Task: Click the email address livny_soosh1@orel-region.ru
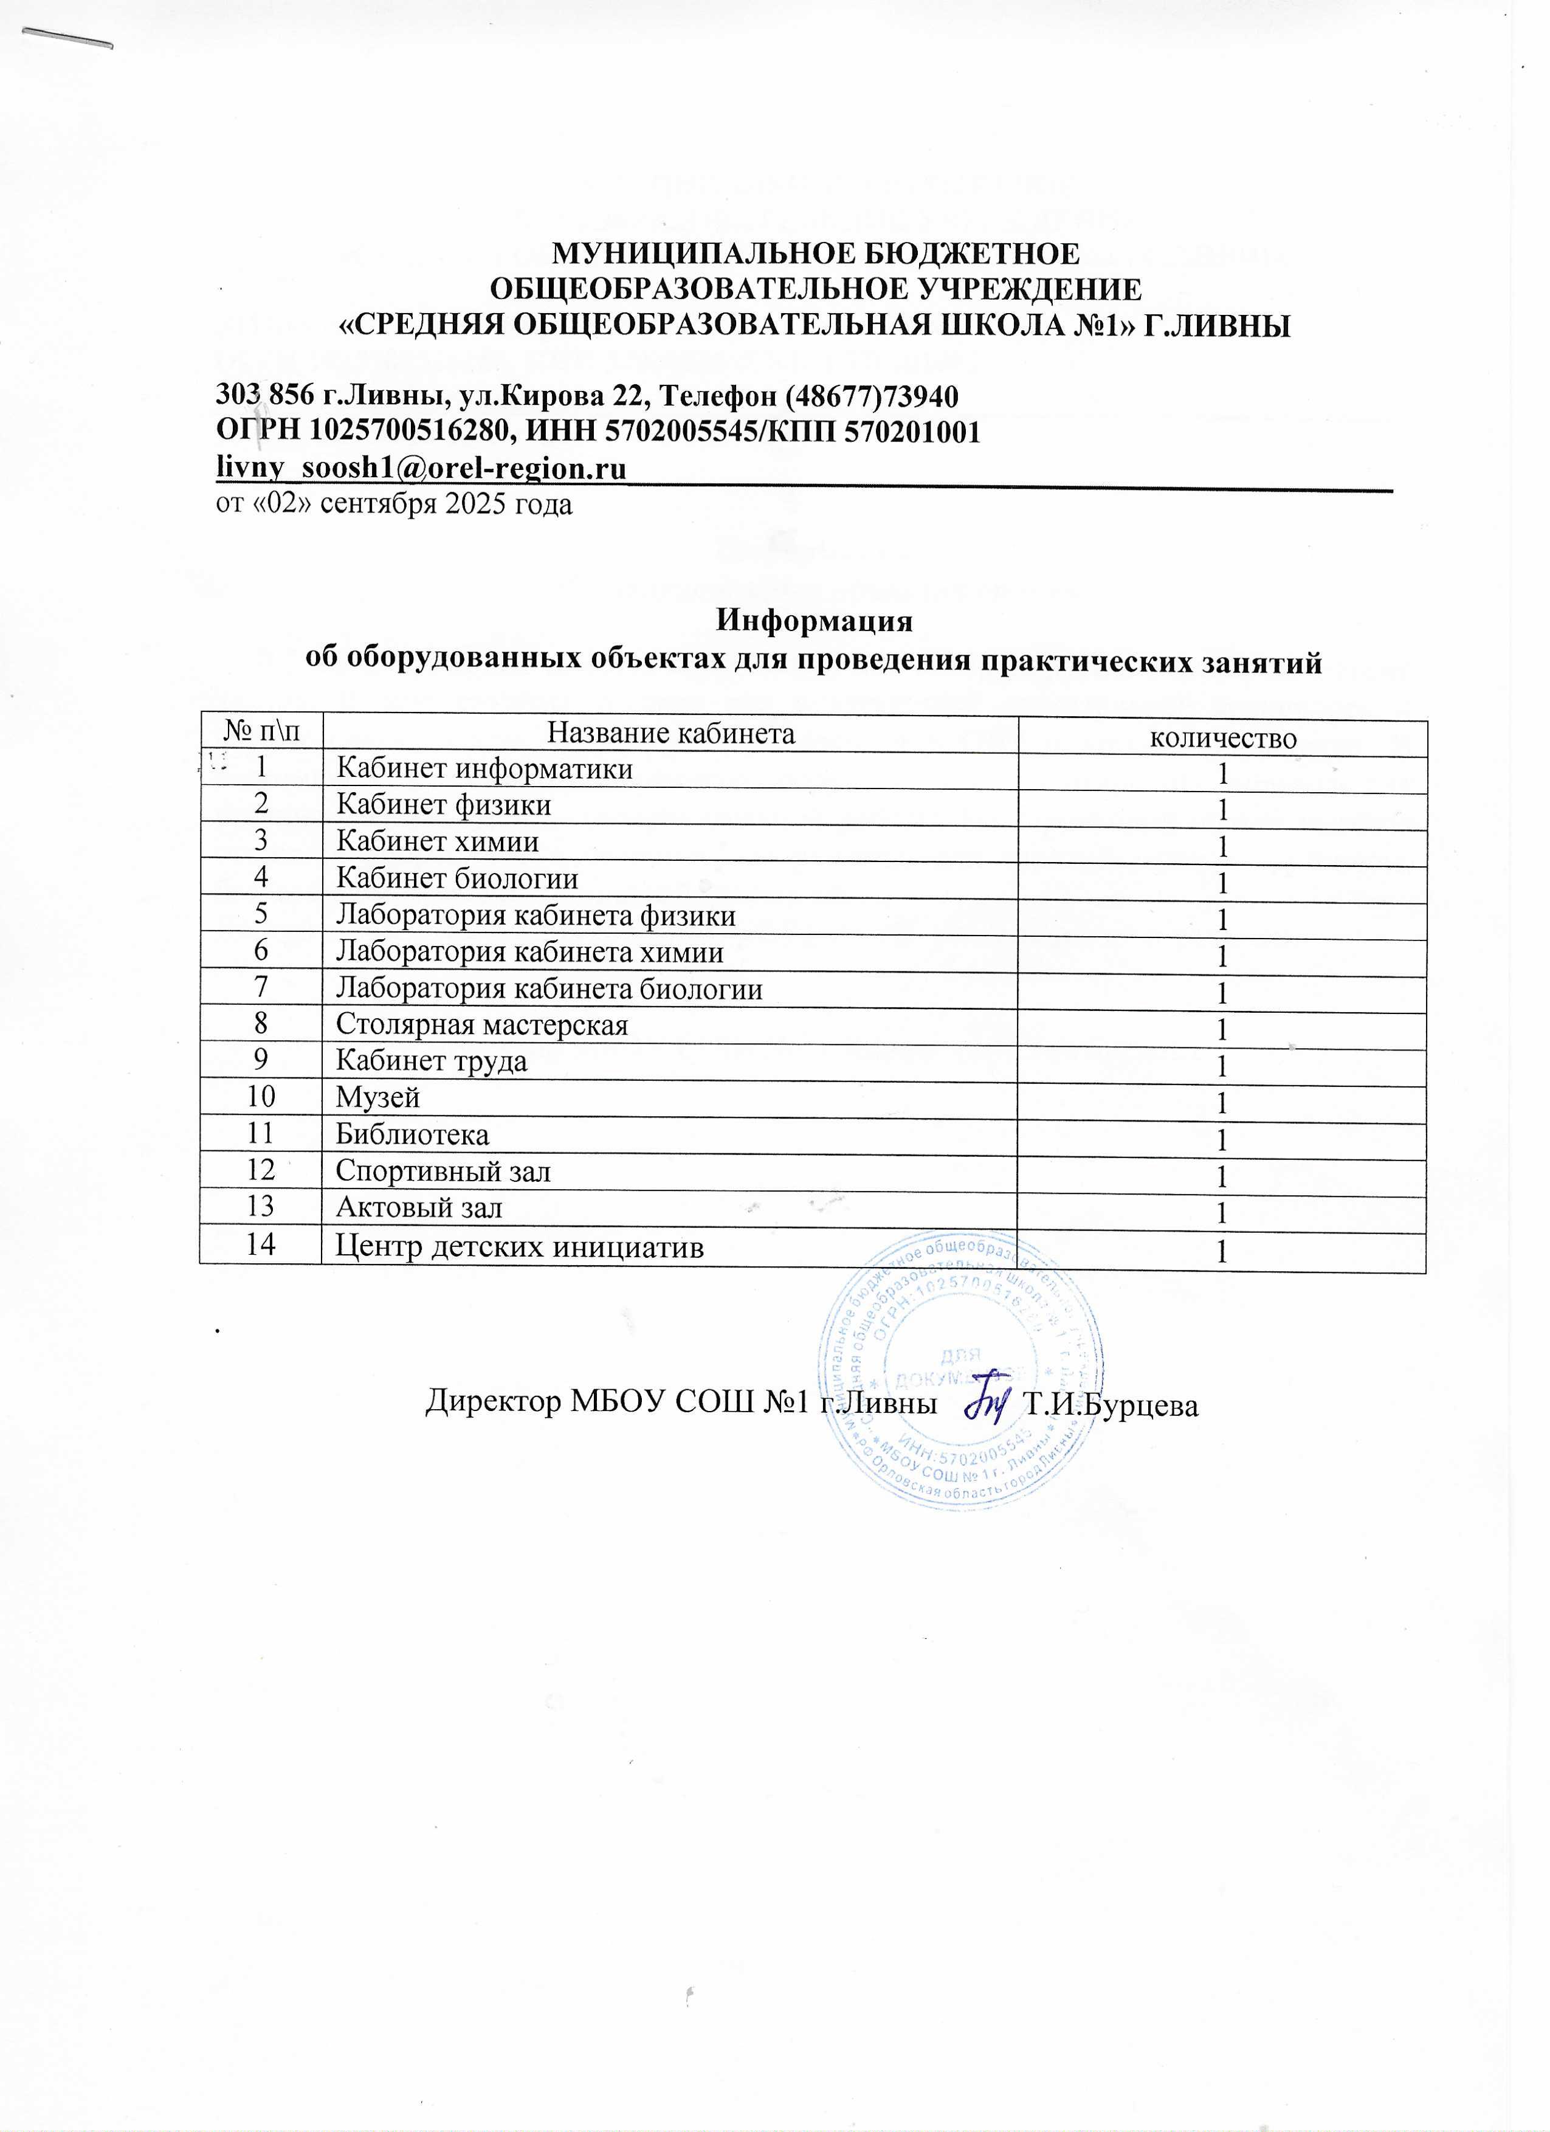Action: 421,468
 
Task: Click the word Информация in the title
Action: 814,621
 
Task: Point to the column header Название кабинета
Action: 670,733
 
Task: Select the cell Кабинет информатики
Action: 484,769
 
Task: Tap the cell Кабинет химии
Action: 437,841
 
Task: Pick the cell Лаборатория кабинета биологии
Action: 549,989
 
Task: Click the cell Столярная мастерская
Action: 482,1024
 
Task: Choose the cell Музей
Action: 378,1097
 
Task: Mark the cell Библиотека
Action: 413,1134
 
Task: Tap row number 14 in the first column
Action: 260,1246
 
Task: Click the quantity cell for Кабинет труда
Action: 1222,1066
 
